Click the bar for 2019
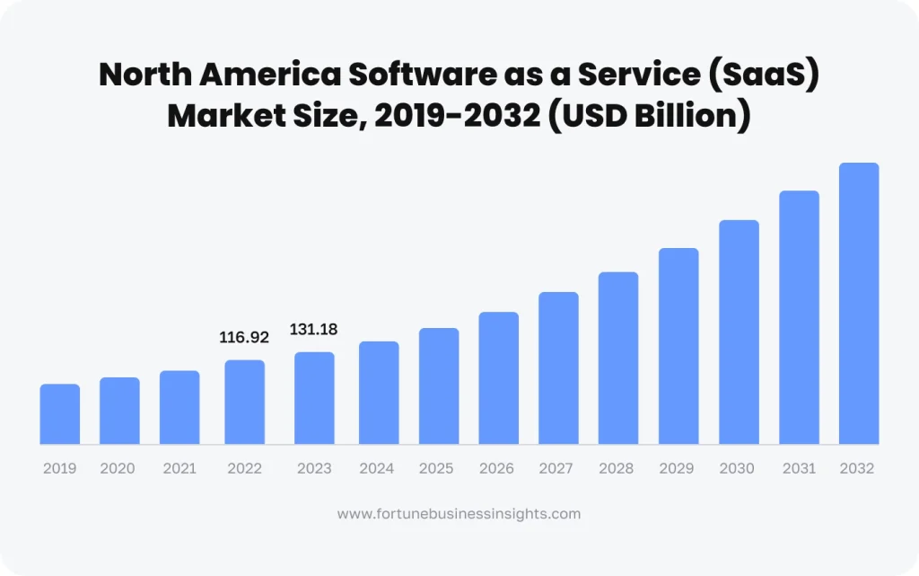click(60, 414)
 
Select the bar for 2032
click(859, 304)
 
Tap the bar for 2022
click(244, 402)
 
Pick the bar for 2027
click(558, 368)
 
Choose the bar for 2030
click(739, 332)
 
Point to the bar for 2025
click(439, 386)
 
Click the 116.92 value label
click(244, 338)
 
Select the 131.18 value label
click(313, 330)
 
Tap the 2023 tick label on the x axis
click(315, 468)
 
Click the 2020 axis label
click(118, 468)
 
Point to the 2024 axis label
click(377, 468)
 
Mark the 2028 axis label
click(617, 468)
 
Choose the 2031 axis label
click(799, 468)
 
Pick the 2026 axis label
click(496, 468)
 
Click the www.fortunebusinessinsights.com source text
click(459, 514)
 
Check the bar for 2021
click(179, 407)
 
